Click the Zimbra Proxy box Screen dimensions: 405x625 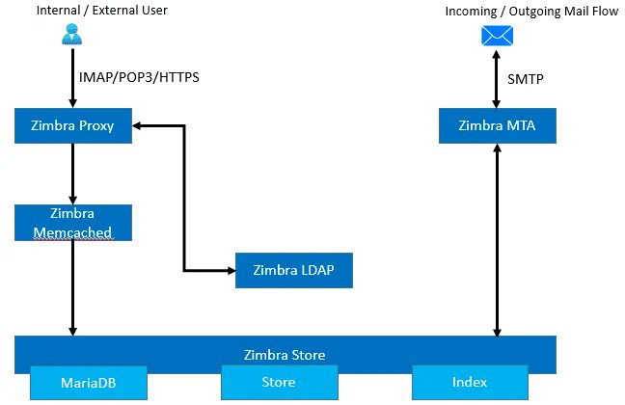73,126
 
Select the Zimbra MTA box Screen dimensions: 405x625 498,126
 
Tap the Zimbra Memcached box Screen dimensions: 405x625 73,222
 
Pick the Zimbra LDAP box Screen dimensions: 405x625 294,270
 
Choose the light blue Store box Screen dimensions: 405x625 279,383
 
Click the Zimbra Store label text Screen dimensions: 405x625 285,355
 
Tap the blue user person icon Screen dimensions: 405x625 72,35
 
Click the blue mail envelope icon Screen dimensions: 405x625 498,36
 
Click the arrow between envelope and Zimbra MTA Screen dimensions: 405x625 498,79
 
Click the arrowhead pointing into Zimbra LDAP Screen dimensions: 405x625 231,270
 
